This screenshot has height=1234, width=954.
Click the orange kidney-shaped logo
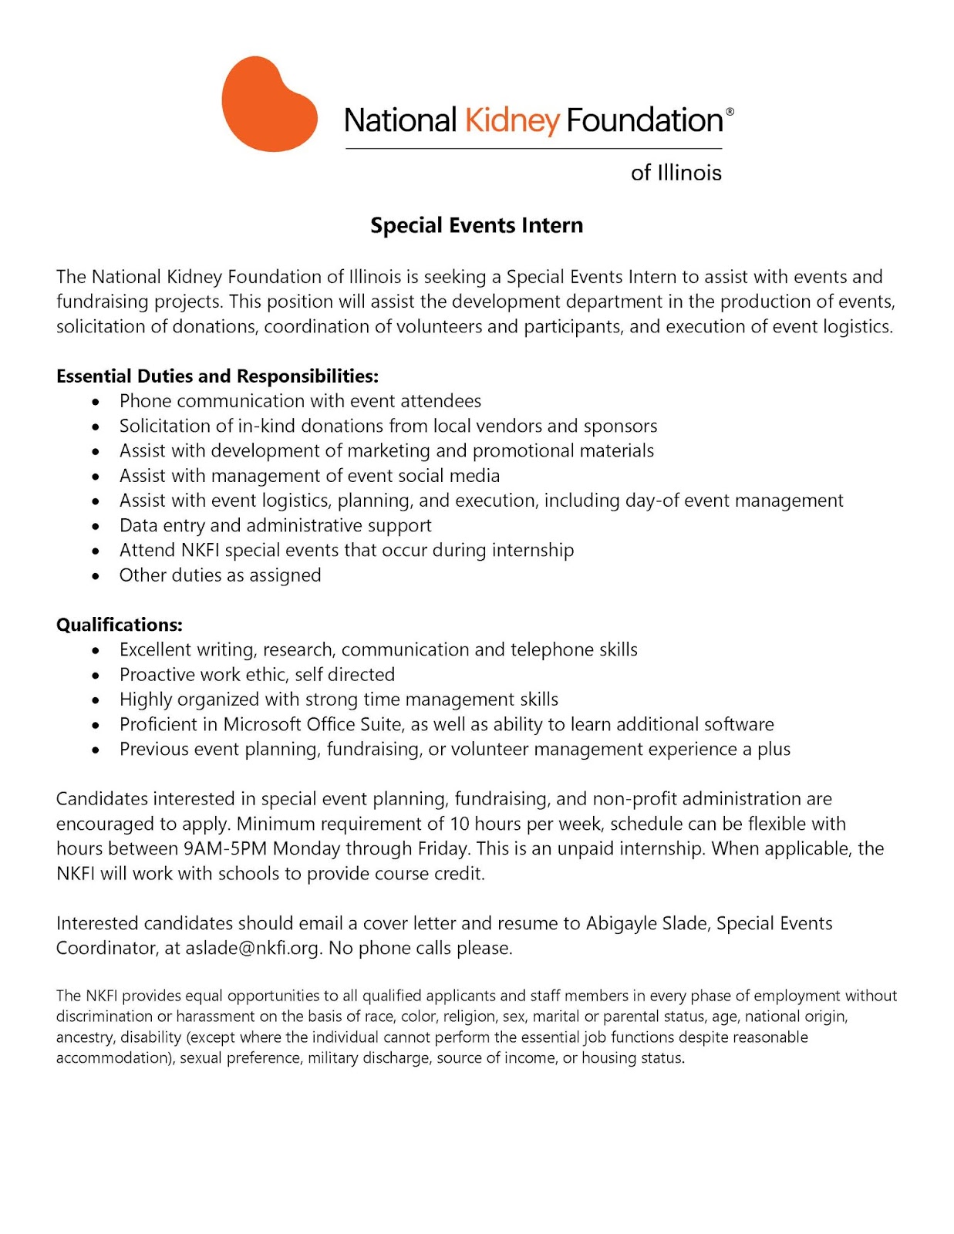(268, 104)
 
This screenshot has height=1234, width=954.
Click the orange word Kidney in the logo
(511, 121)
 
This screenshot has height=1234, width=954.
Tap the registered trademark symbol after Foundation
(730, 112)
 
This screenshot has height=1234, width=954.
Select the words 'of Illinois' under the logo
(676, 173)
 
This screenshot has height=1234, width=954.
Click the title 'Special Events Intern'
(477, 225)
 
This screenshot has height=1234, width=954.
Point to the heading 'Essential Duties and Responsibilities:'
(217, 376)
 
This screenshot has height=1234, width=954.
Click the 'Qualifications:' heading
(120, 625)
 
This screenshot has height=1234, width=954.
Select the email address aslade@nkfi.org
(252, 948)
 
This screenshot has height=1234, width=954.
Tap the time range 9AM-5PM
(225, 848)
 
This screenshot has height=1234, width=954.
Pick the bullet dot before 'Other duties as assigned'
(96, 576)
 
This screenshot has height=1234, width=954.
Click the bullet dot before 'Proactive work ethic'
(96, 676)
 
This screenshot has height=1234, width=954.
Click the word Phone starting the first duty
(145, 401)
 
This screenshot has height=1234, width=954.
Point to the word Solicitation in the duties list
(164, 426)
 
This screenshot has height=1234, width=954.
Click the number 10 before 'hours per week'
(460, 824)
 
